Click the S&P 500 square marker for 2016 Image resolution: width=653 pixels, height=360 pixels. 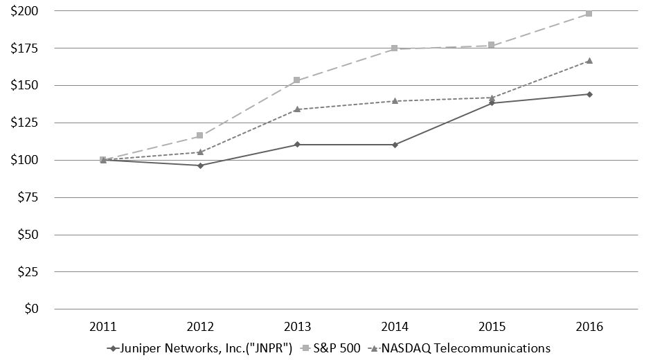pyautogui.click(x=589, y=13)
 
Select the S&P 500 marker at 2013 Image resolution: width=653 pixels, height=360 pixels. pyautogui.click(x=297, y=80)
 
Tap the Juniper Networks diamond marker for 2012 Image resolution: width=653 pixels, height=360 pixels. pyautogui.click(x=200, y=165)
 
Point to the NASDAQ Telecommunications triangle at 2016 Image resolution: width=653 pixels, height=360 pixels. pyautogui.click(x=589, y=60)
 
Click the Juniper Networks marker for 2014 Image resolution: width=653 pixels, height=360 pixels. pyautogui.click(x=395, y=145)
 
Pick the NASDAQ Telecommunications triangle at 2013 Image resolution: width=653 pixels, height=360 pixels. pyautogui.click(x=297, y=109)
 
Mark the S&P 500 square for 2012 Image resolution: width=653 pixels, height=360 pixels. pyautogui.click(x=200, y=136)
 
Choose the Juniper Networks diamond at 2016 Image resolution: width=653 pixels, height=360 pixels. pyautogui.click(x=589, y=94)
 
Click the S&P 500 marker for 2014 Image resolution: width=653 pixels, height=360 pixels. pyautogui.click(x=395, y=48)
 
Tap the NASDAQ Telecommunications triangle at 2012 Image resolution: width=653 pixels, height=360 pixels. pyautogui.click(x=200, y=152)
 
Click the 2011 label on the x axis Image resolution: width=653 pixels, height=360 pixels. pyautogui.click(x=103, y=326)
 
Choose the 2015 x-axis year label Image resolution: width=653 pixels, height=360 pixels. pyautogui.click(x=492, y=326)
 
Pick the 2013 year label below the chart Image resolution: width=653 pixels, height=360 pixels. pyautogui.click(x=297, y=326)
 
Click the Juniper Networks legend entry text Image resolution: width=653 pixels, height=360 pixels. pyautogui.click(x=205, y=348)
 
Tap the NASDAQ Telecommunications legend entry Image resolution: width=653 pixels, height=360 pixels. pyautogui.click(x=466, y=348)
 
